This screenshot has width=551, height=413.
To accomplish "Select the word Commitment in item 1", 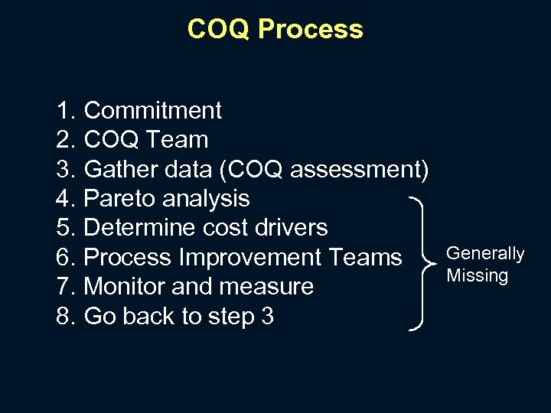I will coord(152,111).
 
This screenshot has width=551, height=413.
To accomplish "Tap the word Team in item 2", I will coord(178,140).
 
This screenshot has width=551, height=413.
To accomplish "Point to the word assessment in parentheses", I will coord(357,169).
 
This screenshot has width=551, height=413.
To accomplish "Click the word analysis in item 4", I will coord(207,199).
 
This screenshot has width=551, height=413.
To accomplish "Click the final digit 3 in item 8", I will coord(267,316).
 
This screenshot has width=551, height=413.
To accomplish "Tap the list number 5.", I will coord(64,228).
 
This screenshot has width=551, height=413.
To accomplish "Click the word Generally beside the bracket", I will coord(485,253).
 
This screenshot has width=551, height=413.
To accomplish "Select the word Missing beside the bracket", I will coord(478,275).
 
